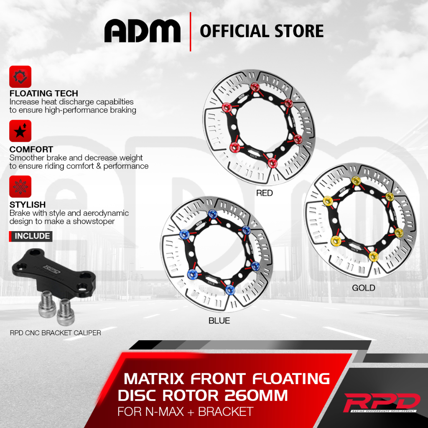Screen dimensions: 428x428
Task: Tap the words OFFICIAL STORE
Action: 262,31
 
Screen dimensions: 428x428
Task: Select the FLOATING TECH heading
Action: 43,93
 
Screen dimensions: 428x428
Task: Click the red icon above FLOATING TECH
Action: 20,76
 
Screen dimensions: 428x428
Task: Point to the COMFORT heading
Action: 31,149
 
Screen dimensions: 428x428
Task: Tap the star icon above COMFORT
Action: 20,131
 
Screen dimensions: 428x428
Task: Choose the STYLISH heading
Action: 28,205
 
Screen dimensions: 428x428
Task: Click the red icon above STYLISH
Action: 20,187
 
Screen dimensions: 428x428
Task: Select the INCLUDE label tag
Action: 32,236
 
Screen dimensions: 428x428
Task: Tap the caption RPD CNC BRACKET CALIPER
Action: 56,333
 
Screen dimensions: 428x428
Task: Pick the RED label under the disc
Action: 264,193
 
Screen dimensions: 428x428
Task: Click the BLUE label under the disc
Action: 219,321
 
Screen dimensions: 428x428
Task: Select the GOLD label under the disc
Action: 363,288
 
